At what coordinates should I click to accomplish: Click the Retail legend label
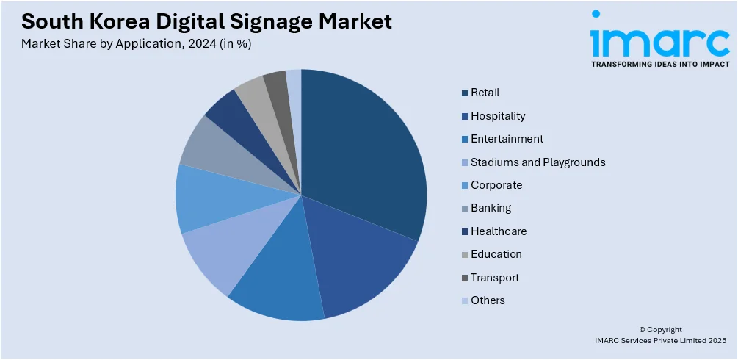(x=485, y=93)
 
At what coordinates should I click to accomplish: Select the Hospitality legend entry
(x=498, y=116)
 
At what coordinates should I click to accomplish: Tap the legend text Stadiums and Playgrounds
(x=538, y=162)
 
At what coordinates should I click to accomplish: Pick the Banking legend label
(x=491, y=209)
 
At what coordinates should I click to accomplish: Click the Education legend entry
(x=496, y=254)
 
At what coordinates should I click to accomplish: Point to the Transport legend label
(x=495, y=278)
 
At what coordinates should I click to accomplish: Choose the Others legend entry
(x=488, y=300)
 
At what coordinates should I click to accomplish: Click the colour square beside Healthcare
(x=465, y=231)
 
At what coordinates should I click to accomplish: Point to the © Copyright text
(x=660, y=330)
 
